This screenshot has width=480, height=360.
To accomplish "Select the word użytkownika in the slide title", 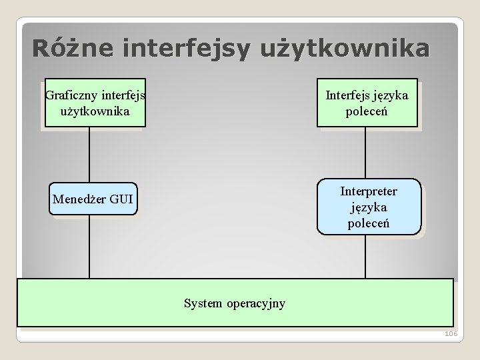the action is pyautogui.click(x=351, y=49).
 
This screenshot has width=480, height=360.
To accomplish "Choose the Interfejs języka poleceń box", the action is pyautogui.click(x=367, y=103).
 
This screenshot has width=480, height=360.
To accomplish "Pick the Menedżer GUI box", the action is pyautogui.click(x=93, y=199).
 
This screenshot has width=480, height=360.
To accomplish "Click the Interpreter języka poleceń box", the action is pyautogui.click(x=369, y=206).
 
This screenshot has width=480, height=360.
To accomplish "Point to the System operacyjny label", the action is pyautogui.click(x=234, y=303).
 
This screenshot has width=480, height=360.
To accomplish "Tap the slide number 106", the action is pyautogui.click(x=451, y=334).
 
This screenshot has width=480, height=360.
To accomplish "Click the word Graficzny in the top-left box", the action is pyautogui.click(x=71, y=95).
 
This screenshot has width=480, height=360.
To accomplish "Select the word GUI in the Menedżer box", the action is pyautogui.click(x=121, y=199).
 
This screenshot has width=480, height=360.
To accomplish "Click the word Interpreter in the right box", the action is pyautogui.click(x=369, y=192).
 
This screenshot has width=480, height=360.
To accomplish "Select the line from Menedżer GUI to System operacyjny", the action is pyautogui.click(x=89, y=246).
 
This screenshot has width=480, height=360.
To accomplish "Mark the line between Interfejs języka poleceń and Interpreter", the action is pyautogui.click(x=365, y=153).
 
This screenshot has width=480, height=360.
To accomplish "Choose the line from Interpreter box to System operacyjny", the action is pyautogui.click(x=365, y=256).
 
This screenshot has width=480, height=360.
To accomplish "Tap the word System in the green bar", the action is pyautogui.click(x=203, y=303).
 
